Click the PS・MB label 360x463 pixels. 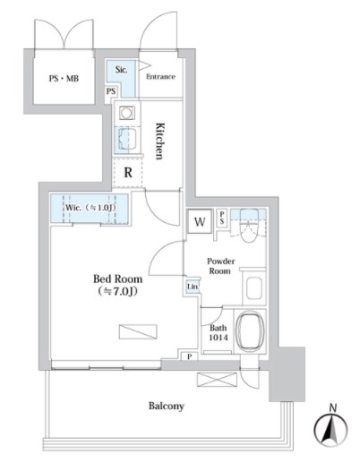pyautogui.click(x=64, y=79)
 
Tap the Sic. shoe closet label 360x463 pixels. pyautogui.click(x=121, y=70)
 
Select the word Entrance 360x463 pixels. pyautogui.click(x=160, y=77)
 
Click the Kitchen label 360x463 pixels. pyautogui.click(x=160, y=141)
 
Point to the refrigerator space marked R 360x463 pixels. pyautogui.click(x=128, y=173)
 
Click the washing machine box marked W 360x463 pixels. pyautogui.click(x=200, y=222)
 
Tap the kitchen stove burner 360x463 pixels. pyautogui.click(x=126, y=114)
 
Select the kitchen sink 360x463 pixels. pyautogui.click(x=127, y=140)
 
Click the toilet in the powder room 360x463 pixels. pyautogui.click(x=249, y=226)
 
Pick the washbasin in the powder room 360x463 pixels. pyautogui.click(x=254, y=288)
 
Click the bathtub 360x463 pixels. pyautogui.click(x=250, y=330)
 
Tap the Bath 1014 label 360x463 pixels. pyautogui.click(x=219, y=332)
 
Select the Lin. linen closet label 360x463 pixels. pyautogui.click(x=193, y=287)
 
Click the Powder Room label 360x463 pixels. pyautogui.click(x=220, y=266)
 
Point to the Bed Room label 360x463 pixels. pyautogui.click(x=117, y=285)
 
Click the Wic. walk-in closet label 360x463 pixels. pyautogui.click(x=90, y=208)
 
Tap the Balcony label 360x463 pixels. pyautogui.click(x=167, y=406)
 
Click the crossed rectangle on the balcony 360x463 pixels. pyautogui.click(x=217, y=380)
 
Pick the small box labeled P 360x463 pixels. pyautogui.click(x=190, y=356)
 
